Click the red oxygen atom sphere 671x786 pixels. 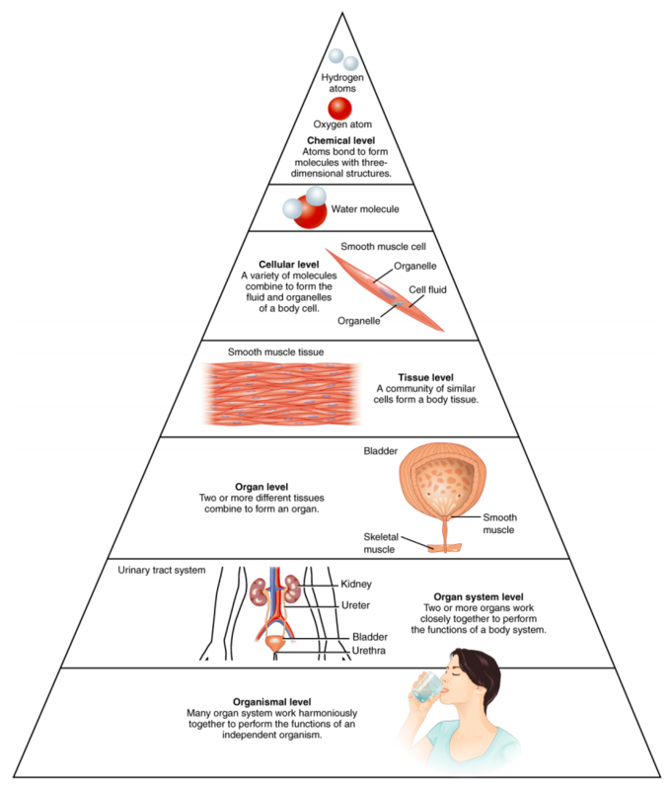coord(339,109)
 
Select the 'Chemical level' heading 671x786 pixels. coord(340,140)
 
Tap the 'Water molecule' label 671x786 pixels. coord(365,209)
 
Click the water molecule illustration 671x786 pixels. coord(305,207)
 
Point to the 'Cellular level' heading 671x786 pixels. coord(289,265)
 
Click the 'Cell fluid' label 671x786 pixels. coord(427,289)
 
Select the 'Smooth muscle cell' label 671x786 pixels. coord(383,247)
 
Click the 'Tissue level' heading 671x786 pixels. coord(425,377)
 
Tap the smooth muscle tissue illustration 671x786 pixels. coord(281,394)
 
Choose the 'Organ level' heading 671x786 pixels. coord(261,487)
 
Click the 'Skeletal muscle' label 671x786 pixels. coord(380,543)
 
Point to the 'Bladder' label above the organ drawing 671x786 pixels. coord(381,451)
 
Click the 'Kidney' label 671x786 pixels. coord(356,584)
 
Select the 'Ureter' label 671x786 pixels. coord(356,605)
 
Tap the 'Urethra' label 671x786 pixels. coord(369,651)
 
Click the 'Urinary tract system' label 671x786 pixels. coord(162,570)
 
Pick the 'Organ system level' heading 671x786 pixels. coord(479,597)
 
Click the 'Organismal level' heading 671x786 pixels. coord(272,702)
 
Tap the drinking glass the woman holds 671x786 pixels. coord(427,686)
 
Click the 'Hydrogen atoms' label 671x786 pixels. coord(342,83)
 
